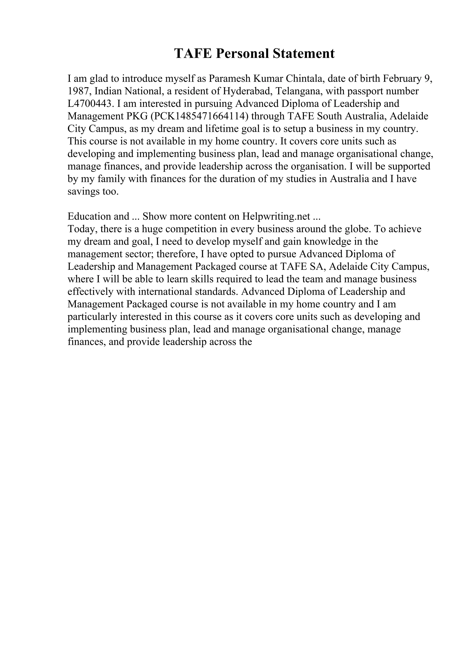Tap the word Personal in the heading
pos(242,54)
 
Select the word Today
pos(81,229)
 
